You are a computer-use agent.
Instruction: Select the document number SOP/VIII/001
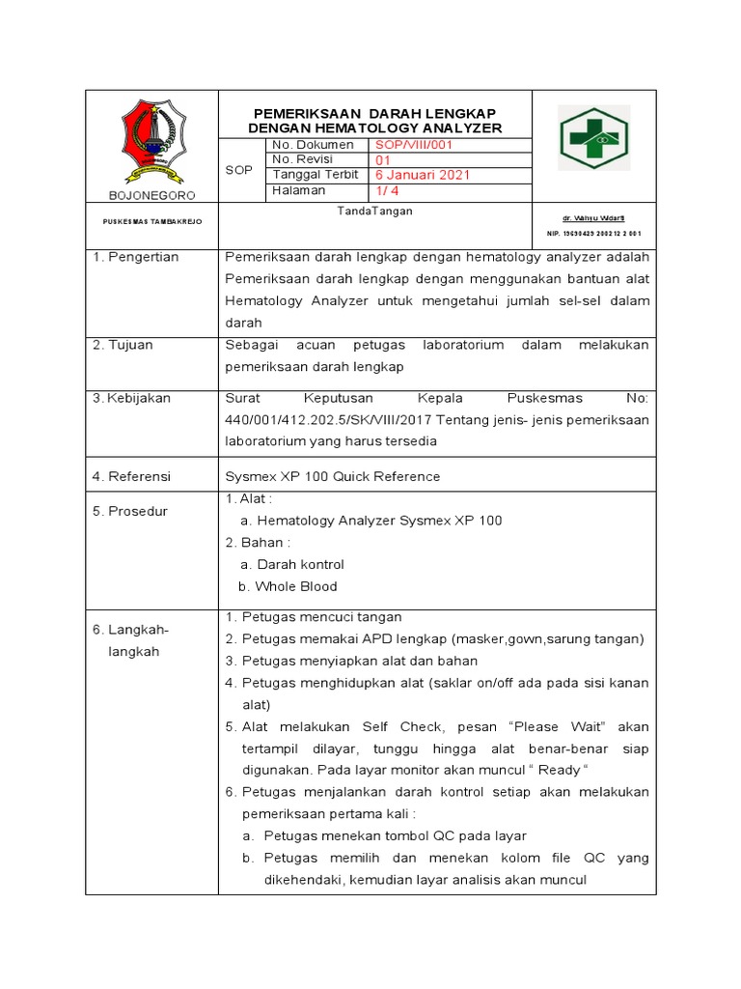[414, 145]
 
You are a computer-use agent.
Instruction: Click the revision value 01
[382, 160]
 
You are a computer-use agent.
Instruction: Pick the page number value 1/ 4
[389, 191]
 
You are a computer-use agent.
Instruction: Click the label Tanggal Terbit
[315, 175]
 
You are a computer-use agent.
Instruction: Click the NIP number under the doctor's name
[593, 234]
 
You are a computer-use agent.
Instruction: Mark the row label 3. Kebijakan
[131, 398]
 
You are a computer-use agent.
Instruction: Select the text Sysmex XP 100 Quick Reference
[332, 476]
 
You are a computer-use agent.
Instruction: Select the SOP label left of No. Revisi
[238, 169]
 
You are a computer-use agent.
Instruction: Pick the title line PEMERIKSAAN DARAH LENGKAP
[375, 112]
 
